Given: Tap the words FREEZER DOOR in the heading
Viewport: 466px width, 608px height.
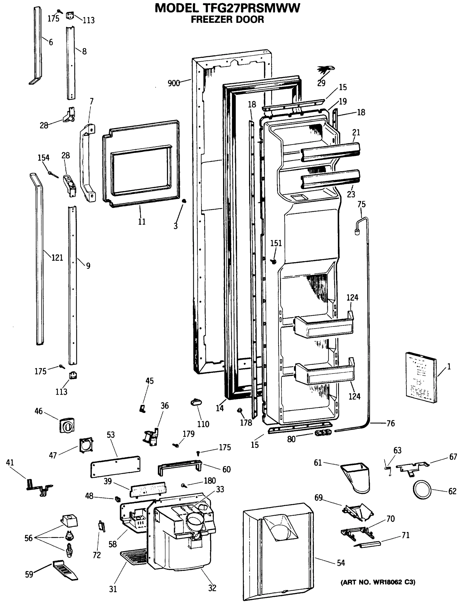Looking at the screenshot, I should [x=227, y=20].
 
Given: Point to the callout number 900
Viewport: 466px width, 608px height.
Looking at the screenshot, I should [x=174, y=83].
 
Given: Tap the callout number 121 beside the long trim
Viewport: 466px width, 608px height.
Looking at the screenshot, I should [x=57, y=258].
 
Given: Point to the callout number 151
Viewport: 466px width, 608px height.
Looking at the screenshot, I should [x=276, y=243].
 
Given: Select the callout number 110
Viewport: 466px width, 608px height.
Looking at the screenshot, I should [x=203, y=424].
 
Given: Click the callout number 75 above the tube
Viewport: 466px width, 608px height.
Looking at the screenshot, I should [x=361, y=204].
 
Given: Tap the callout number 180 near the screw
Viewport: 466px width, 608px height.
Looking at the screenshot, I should [x=210, y=480].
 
